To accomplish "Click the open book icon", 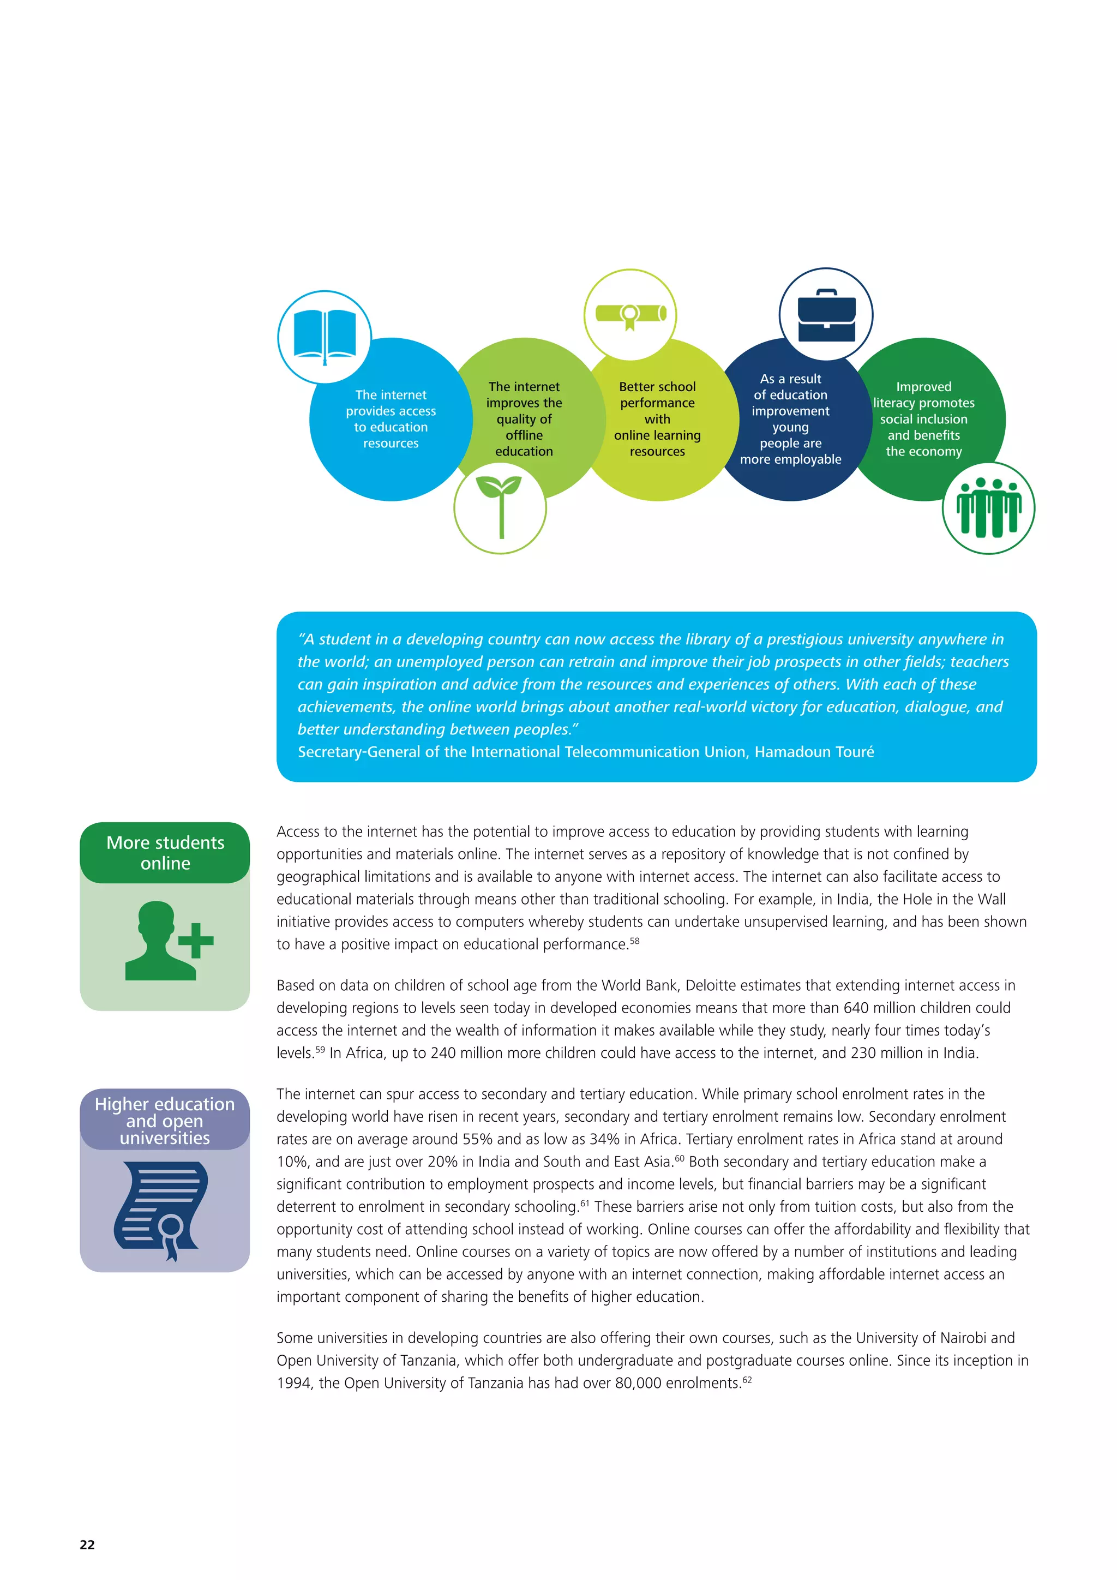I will [x=325, y=336].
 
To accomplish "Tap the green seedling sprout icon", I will [x=500, y=506].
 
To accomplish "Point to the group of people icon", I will [x=988, y=508].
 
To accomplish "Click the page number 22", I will [x=87, y=1544].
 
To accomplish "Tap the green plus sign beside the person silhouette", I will [x=196, y=940].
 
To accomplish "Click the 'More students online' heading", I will [x=165, y=853].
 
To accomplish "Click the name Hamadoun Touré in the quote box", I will [x=814, y=752].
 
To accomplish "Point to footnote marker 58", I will [x=634, y=941].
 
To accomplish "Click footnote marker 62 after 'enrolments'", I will [x=747, y=1380].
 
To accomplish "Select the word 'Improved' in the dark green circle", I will [x=924, y=387].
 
